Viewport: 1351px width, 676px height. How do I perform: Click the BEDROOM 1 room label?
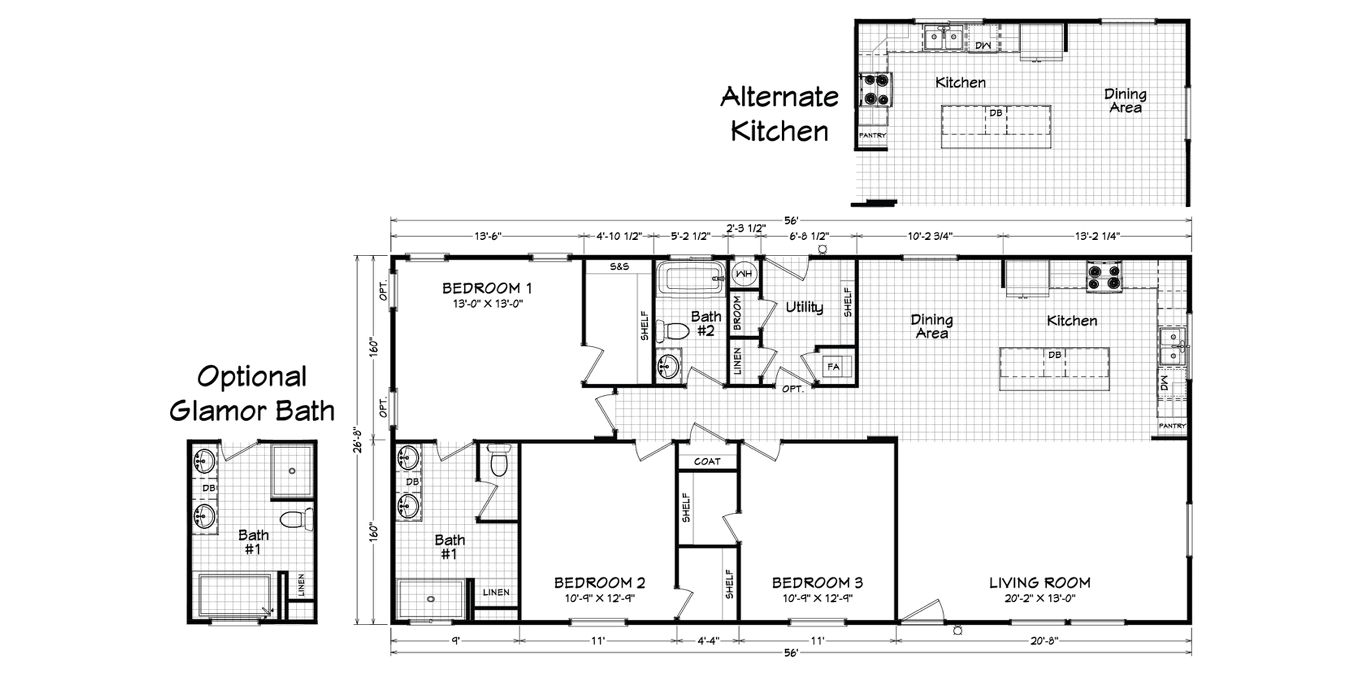click(x=487, y=288)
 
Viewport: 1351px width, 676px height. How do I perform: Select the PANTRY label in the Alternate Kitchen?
click(x=872, y=135)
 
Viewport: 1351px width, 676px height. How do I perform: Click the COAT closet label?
click(x=707, y=461)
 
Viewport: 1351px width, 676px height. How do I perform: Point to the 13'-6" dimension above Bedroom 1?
click(x=488, y=236)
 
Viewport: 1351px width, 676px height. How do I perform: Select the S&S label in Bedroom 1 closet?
click(x=619, y=267)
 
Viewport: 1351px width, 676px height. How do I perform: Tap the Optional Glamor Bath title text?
click(x=252, y=394)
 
